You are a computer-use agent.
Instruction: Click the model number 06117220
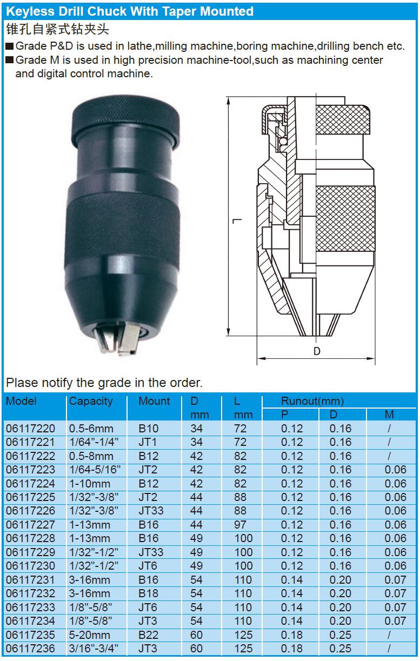(30, 429)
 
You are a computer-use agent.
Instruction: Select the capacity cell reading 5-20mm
(89, 635)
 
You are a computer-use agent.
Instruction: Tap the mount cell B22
(149, 635)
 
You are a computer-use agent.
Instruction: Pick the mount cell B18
(149, 593)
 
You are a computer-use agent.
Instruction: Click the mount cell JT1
(148, 442)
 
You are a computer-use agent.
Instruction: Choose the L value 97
(240, 525)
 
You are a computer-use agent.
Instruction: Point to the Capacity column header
(91, 402)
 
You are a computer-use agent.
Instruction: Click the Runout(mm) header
(312, 401)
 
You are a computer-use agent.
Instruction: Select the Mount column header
(155, 400)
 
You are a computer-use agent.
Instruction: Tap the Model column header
(21, 400)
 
